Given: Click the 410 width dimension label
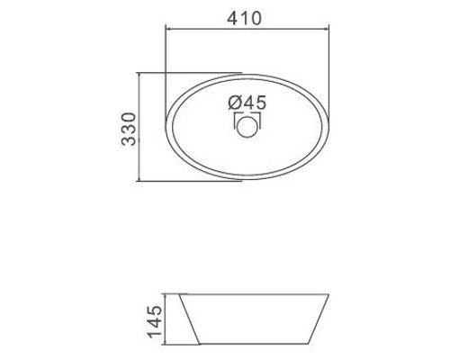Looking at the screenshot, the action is pyautogui.click(x=244, y=18).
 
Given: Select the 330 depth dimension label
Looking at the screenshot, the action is pyautogui.click(x=129, y=130).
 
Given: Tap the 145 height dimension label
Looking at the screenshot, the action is pyautogui.click(x=156, y=321).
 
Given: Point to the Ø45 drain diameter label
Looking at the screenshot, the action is pyautogui.click(x=247, y=103).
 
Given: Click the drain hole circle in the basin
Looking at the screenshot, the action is pyautogui.click(x=247, y=127).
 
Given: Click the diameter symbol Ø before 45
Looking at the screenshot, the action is pyautogui.click(x=235, y=103).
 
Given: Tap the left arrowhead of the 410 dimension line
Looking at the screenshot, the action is pyautogui.click(x=167, y=29).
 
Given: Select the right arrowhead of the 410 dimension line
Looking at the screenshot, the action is pyautogui.click(x=328, y=29).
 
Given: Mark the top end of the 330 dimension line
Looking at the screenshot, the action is pyautogui.click(x=139, y=73).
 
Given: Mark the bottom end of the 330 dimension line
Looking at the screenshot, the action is pyautogui.click(x=139, y=181).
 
